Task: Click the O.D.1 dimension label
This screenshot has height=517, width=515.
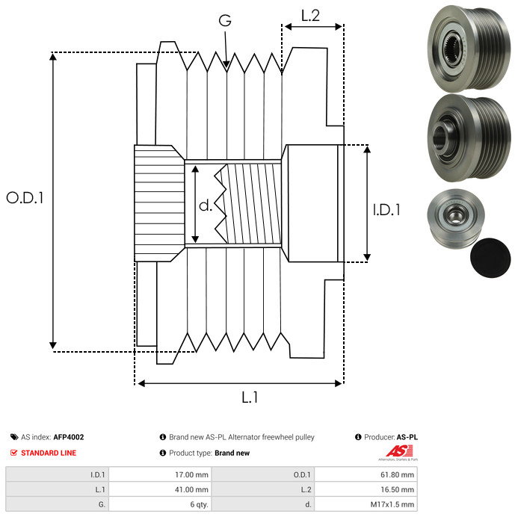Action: click(25, 198)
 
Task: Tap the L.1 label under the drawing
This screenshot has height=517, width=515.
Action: click(249, 398)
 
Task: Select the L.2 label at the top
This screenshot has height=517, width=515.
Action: click(310, 15)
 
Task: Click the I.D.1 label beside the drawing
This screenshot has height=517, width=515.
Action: click(386, 211)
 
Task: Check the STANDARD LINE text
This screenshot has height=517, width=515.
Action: click(49, 453)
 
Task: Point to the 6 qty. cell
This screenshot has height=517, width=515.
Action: click(198, 504)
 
